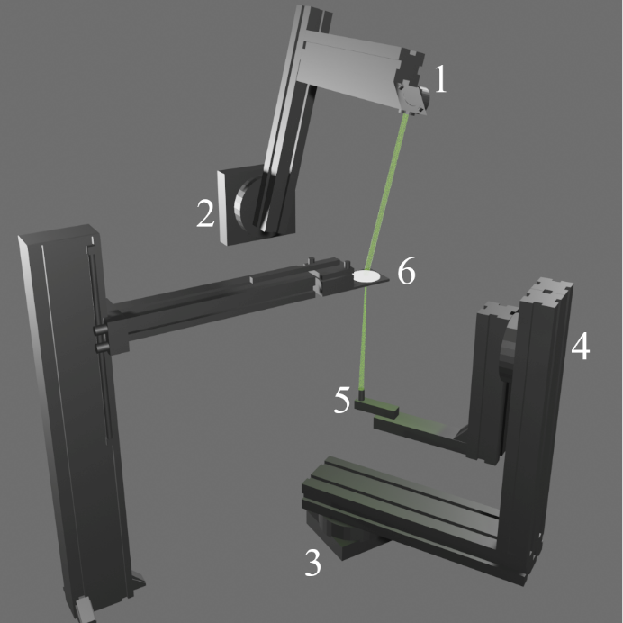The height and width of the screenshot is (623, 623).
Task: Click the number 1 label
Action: [439, 81]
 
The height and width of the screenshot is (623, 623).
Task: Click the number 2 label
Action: [206, 213]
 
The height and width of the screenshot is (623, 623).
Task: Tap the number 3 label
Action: [312, 563]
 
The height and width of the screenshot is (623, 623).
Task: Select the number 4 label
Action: [582, 347]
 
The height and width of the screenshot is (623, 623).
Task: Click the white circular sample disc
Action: [367, 276]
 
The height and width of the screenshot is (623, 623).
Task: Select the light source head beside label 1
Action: [413, 98]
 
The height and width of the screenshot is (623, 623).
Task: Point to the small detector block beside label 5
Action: [377, 407]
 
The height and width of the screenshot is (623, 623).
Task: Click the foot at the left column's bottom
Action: [86, 609]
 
